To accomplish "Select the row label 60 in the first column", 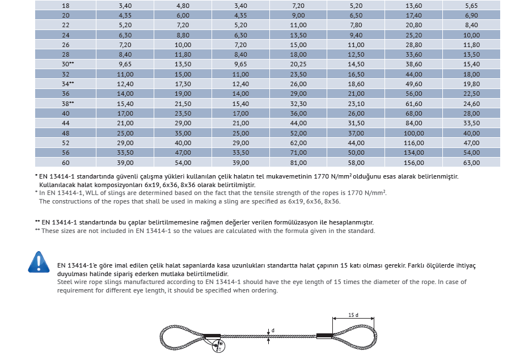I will (66, 163).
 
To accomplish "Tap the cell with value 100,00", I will (414, 133).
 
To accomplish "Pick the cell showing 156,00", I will (414, 163).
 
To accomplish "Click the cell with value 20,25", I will (298, 64).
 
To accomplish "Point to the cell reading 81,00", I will (298, 163).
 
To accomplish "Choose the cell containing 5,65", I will (471, 5).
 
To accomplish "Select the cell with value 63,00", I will (471, 163).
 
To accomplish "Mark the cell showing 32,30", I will (298, 104).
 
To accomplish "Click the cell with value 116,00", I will (414, 143).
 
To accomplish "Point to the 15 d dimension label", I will (353, 315).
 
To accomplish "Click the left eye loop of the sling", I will (180, 337).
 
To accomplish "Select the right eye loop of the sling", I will (354, 336).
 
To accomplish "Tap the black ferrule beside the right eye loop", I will (324, 336).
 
